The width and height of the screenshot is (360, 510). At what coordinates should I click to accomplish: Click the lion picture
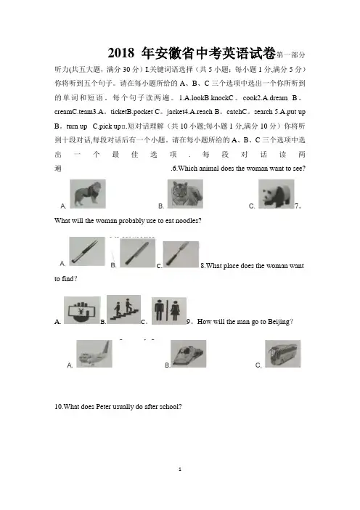88,194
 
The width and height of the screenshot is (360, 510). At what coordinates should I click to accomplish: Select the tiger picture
185,194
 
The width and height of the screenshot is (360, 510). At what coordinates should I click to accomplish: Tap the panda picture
277,194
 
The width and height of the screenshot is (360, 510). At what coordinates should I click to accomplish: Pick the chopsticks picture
87,251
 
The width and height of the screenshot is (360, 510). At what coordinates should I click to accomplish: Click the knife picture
138,253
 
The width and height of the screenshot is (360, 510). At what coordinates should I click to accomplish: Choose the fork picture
181,254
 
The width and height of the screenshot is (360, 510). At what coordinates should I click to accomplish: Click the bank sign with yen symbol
82,310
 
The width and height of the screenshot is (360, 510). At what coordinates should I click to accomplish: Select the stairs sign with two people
124,309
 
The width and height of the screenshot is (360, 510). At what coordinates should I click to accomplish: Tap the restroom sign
169,311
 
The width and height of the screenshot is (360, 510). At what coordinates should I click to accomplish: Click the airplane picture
94,354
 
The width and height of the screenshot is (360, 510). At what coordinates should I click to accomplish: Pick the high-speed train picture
189,354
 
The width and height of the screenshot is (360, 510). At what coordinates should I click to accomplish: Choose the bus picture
283,354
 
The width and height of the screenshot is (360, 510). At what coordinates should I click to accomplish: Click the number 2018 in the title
121,53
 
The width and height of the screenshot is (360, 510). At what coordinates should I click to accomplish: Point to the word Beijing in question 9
279,322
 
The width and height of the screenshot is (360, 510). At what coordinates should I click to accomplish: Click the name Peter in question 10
104,407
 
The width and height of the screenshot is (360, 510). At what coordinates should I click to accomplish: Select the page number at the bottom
180,469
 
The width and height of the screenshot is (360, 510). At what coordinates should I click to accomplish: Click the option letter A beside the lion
63,206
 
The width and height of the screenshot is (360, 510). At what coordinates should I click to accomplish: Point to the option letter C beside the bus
258,365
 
